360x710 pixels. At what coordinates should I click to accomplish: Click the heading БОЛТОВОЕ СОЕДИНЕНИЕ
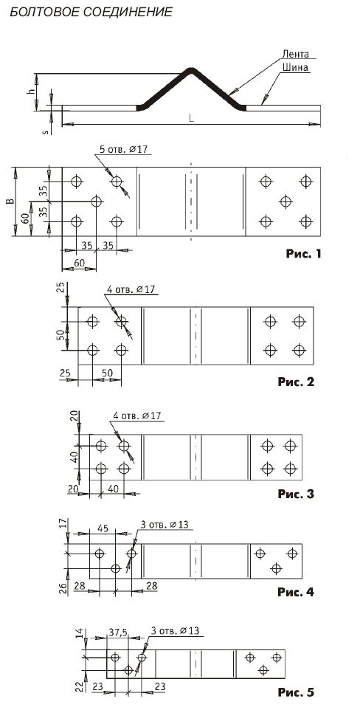(x=91, y=12)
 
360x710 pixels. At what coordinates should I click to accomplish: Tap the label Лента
(x=295, y=54)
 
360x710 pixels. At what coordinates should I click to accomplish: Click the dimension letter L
(x=192, y=118)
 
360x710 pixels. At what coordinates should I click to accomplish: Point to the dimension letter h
(x=31, y=91)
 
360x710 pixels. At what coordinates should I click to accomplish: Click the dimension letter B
(x=12, y=201)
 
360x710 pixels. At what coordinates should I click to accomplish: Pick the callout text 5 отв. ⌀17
(x=124, y=149)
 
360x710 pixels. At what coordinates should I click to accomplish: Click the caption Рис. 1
(x=303, y=254)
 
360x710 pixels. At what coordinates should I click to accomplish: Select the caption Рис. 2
(x=296, y=382)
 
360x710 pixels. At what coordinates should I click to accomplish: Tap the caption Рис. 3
(x=296, y=494)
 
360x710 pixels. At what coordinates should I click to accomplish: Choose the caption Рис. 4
(x=296, y=591)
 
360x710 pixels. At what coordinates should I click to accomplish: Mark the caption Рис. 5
(x=296, y=692)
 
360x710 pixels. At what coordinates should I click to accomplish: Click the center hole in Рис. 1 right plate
(x=285, y=201)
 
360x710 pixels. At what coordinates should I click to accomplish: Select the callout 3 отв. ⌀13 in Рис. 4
(x=165, y=525)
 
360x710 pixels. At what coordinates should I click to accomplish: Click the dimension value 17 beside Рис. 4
(x=63, y=524)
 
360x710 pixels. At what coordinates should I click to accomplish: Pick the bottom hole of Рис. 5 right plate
(x=263, y=669)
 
